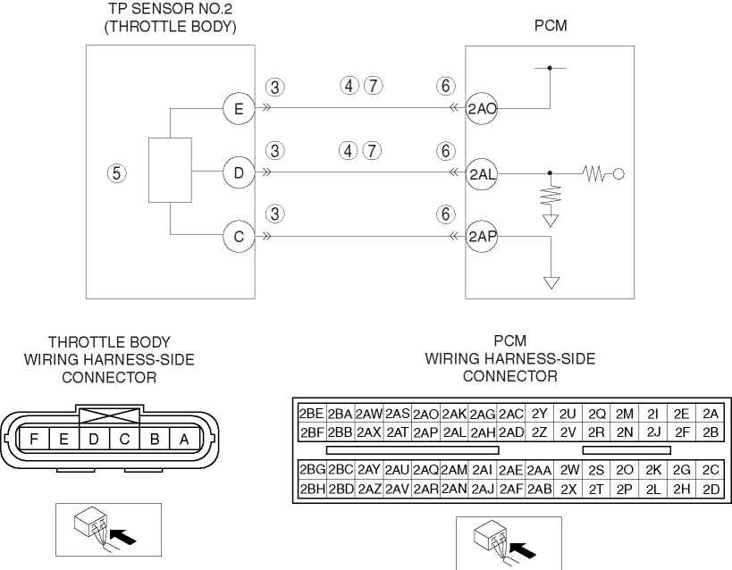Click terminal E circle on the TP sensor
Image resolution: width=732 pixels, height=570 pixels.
[238, 110]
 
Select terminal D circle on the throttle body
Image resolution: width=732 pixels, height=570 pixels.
[238, 172]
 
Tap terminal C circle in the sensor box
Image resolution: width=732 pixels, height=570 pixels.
[238, 237]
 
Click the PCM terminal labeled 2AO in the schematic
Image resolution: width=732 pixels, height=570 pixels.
[482, 110]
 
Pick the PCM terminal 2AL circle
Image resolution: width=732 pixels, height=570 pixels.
[482, 173]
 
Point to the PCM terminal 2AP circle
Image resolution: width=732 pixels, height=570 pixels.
[482, 237]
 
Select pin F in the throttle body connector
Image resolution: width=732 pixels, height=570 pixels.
[33, 439]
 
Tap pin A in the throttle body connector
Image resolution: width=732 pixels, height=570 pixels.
[184, 439]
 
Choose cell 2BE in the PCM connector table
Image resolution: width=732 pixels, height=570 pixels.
[311, 414]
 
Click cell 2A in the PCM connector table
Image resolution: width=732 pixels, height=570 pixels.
[711, 414]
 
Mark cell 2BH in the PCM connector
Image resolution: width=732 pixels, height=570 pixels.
[311, 489]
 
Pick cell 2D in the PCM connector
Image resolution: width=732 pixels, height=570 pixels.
[711, 489]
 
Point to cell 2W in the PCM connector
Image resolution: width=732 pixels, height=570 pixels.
[569, 470]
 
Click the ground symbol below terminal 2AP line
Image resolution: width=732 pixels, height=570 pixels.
[551, 283]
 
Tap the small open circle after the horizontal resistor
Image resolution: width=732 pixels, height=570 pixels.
[618, 173]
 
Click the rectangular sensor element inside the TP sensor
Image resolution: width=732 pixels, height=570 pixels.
[170, 171]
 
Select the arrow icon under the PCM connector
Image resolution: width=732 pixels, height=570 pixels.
[509, 542]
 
